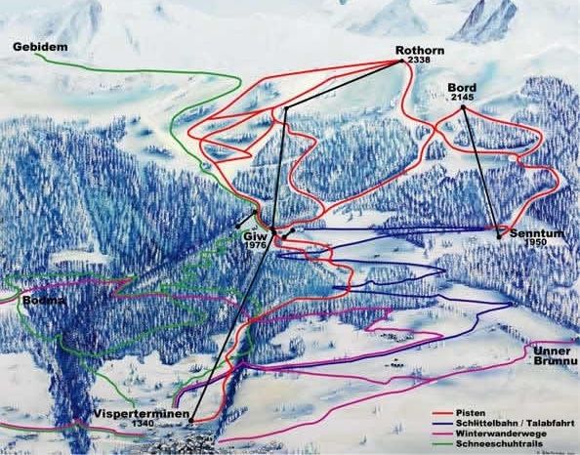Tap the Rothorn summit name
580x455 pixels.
pos(420,50)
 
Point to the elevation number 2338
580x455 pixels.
pos(421,61)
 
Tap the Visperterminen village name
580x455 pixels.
pos(140,413)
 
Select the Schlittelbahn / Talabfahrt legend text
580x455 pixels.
pos(517,423)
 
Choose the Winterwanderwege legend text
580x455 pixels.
pos(502,433)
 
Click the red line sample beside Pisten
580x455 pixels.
pos(444,414)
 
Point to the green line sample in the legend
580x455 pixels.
pos(444,443)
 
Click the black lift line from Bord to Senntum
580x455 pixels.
pos(480,171)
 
